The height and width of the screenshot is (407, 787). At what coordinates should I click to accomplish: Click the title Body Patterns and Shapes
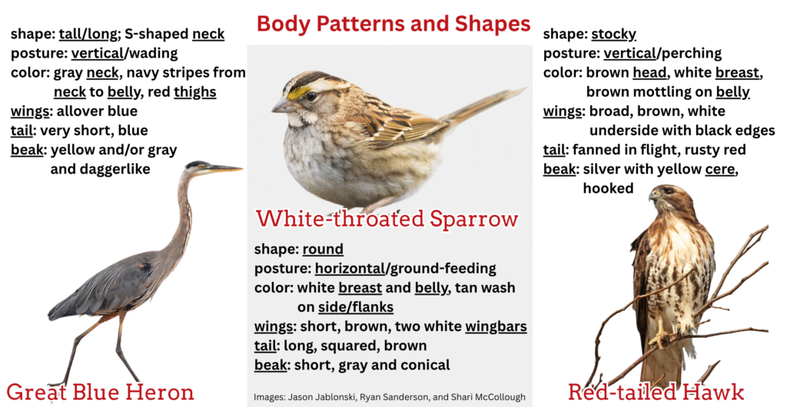click(393, 24)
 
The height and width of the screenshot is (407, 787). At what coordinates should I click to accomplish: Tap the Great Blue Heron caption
click(101, 392)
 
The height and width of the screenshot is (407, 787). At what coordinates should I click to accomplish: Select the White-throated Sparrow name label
click(387, 219)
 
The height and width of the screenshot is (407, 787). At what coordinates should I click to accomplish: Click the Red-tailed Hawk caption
click(656, 392)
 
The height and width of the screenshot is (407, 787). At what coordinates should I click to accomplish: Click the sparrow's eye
click(311, 96)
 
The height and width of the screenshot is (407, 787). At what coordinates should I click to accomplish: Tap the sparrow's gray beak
click(282, 106)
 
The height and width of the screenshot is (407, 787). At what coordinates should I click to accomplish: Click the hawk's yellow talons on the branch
click(659, 338)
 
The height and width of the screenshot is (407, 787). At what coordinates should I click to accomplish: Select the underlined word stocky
click(613, 34)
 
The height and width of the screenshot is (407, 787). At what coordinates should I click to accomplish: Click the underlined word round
click(323, 249)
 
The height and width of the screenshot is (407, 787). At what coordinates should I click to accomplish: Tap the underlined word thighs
click(194, 92)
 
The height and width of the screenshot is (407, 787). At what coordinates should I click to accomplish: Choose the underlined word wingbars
click(496, 327)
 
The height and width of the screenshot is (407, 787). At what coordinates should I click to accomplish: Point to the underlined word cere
click(719, 170)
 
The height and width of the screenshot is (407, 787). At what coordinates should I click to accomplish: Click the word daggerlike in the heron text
click(101, 169)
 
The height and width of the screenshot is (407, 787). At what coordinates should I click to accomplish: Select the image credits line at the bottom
click(390, 397)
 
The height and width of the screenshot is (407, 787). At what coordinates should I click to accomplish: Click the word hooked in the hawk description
click(608, 188)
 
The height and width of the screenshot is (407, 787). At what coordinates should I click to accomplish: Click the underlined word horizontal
click(350, 269)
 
